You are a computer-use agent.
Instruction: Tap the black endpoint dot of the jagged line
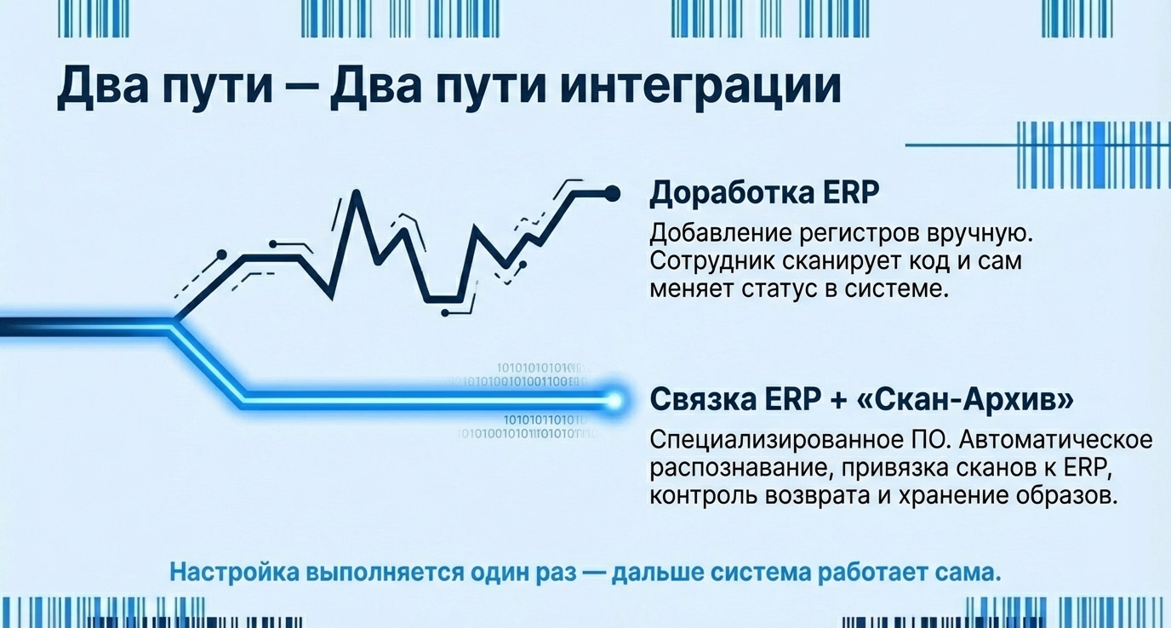(x=611, y=195)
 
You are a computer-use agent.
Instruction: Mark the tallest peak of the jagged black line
(x=355, y=192)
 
